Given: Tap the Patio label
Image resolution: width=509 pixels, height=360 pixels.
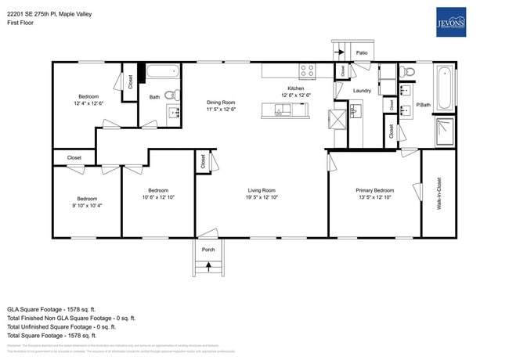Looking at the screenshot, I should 362,53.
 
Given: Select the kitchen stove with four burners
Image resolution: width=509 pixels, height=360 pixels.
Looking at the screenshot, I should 307,70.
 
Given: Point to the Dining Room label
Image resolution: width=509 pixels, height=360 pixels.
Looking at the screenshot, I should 221,103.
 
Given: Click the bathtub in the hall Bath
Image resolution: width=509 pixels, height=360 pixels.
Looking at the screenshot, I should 163,72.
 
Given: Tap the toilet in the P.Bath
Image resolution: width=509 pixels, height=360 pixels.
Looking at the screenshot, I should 406,72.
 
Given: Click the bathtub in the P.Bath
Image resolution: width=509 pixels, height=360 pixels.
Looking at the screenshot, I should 444,88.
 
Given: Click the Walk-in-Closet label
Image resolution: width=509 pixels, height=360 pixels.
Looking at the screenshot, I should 439,193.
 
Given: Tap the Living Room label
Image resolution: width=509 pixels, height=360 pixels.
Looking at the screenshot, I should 262,190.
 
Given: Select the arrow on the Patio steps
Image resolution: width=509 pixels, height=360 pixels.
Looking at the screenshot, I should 341,52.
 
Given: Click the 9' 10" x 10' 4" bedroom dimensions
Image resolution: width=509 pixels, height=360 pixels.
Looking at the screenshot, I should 86,206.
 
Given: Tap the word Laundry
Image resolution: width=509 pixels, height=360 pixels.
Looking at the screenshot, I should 362,91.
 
